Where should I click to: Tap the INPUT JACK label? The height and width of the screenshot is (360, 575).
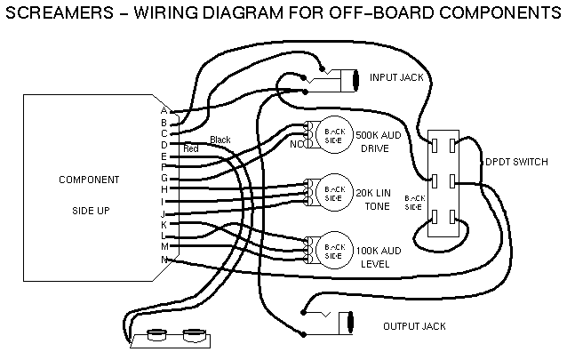[x=397, y=77]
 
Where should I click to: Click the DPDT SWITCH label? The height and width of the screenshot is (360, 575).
[x=515, y=162]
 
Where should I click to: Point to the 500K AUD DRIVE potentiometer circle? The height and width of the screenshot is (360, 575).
[x=333, y=132]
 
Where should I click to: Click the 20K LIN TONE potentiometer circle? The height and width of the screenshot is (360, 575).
[x=333, y=191]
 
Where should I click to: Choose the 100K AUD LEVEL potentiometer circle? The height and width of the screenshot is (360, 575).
[x=333, y=249]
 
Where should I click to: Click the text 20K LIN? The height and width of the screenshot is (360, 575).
[x=376, y=192]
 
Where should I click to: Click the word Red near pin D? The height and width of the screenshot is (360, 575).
[x=190, y=149]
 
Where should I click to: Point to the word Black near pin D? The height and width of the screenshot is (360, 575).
[x=220, y=140]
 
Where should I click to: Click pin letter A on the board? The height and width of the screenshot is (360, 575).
[x=164, y=111]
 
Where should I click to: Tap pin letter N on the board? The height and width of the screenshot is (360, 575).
[x=164, y=259]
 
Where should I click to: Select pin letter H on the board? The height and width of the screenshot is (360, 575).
[x=164, y=189]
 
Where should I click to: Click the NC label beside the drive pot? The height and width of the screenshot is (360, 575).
[x=296, y=143]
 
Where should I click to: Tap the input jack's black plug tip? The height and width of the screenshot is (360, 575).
[x=355, y=79]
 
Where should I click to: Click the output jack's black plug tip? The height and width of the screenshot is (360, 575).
[x=350, y=319]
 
